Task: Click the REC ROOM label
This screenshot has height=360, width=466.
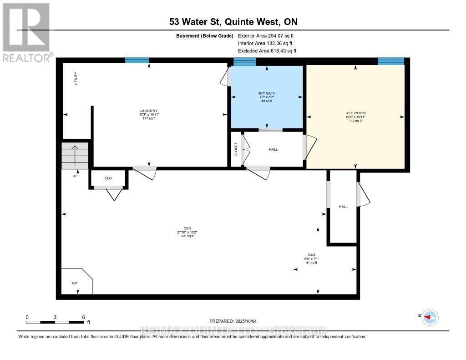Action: click(355, 113)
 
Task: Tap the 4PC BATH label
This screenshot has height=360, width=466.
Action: click(267, 93)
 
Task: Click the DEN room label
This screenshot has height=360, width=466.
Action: click(187, 228)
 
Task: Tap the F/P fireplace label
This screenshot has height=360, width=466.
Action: click(75, 283)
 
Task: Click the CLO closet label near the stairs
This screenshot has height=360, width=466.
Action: click(108, 178)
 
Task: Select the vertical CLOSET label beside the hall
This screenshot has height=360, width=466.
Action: click(236, 149)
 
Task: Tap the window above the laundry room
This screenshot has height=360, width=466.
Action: click(137, 60)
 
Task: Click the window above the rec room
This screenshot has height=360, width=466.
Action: click(391, 61)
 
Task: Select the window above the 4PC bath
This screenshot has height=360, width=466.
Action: click(244, 61)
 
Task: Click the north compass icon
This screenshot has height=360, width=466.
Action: click(430, 317)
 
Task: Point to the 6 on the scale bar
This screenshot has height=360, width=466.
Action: click(83, 317)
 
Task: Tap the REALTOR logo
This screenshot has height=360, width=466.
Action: click(26, 32)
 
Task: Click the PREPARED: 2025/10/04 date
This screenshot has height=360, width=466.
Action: click(233, 320)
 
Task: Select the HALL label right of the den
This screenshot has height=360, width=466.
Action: click(343, 207)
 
